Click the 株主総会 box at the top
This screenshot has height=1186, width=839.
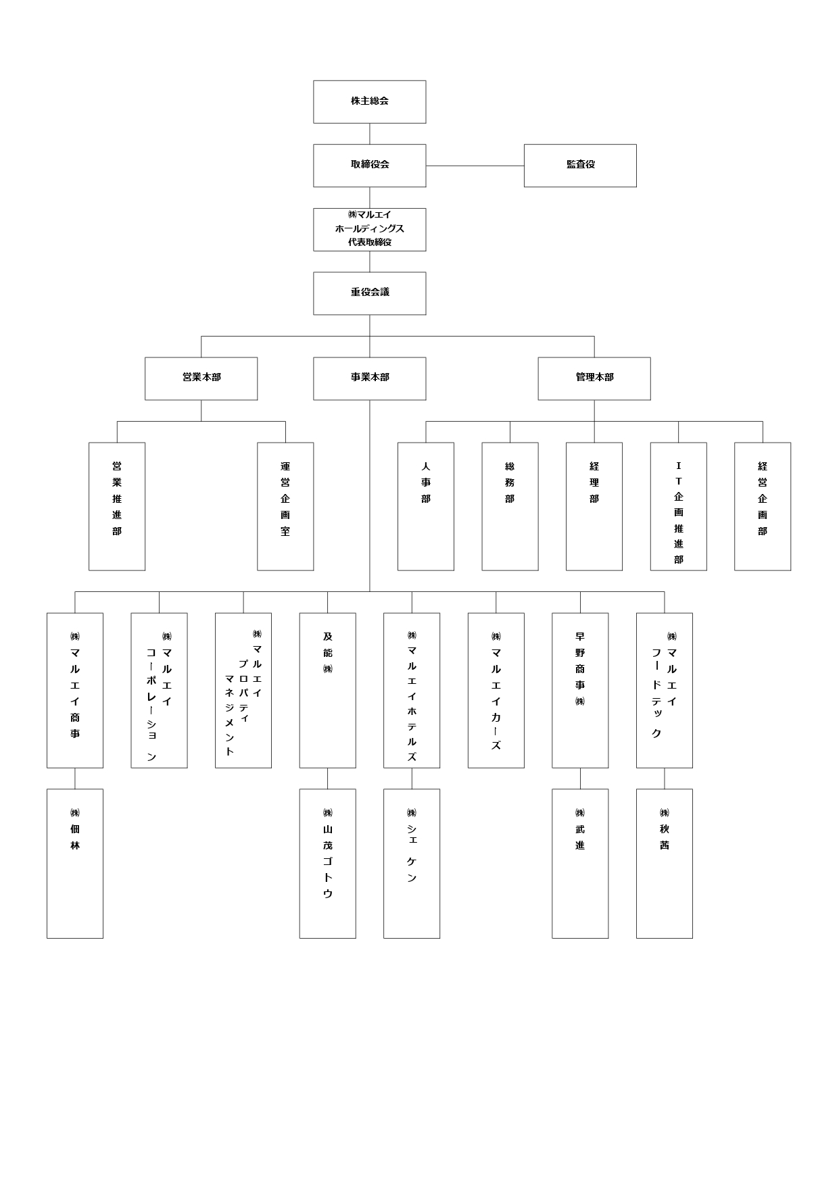click(x=369, y=102)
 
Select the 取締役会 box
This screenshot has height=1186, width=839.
click(x=369, y=166)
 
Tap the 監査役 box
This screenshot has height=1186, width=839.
click(x=580, y=166)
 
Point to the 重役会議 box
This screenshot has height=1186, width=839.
click(x=369, y=293)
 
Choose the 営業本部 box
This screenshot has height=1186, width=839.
click(x=201, y=378)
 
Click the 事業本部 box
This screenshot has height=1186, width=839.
click(x=369, y=378)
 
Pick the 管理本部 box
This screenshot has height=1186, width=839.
click(x=594, y=378)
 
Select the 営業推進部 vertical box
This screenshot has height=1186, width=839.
click(x=117, y=506)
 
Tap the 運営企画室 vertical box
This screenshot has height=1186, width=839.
click(x=285, y=506)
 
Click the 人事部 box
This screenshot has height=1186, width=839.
click(x=426, y=506)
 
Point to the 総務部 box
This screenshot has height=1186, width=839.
click(x=510, y=506)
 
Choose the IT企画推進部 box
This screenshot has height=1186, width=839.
click(x=679, y=506)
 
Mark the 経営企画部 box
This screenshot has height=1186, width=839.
click(x=763, y=506)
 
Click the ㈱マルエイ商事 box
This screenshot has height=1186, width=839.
click(x=75, y=690)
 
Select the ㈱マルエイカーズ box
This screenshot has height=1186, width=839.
click(x=496, y=690)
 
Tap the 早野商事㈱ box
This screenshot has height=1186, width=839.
click(x=580, y=690)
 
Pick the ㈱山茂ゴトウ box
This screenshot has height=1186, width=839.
click(x=328, y=864)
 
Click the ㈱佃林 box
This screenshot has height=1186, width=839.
click(x=75, y=864)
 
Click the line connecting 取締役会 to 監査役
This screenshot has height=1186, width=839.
click(x=475, y=166)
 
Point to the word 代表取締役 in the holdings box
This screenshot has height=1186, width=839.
click(x=370, y=242)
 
